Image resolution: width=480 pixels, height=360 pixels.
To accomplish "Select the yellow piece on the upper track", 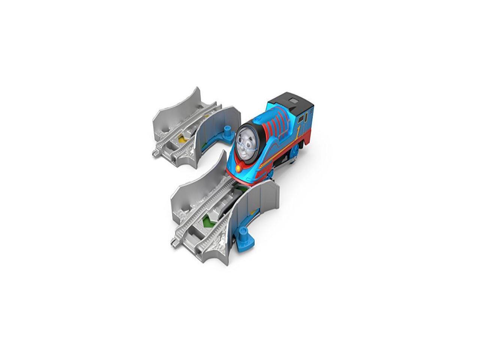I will pos(181,139).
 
